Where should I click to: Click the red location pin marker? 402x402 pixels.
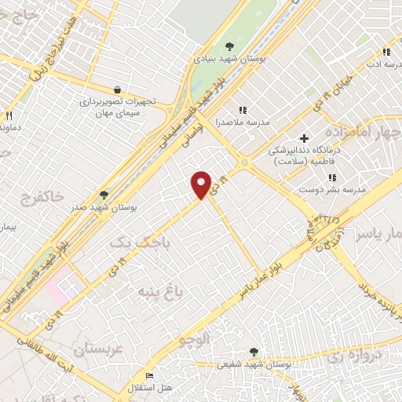(x=202, y=184)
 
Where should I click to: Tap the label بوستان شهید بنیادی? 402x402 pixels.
(x=230, y=58)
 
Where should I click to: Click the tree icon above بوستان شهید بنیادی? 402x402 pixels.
(x=229, y=46)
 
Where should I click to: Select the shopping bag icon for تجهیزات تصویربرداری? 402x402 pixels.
(x=117, y=90)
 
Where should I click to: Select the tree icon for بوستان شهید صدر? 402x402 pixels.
(x=104, y=195)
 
